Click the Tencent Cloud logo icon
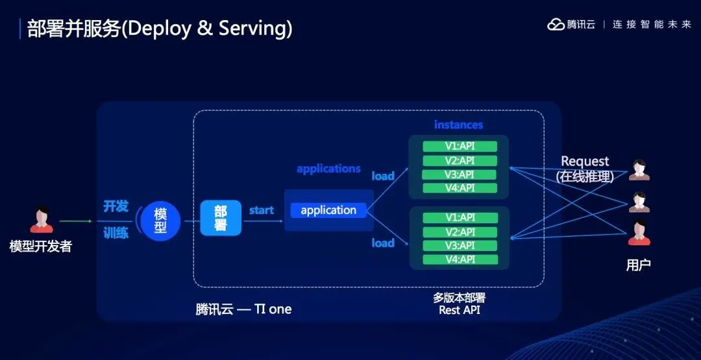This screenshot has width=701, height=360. click(556, 25)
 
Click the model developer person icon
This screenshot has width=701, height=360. click(42, 221)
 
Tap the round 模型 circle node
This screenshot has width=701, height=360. click(160, 221)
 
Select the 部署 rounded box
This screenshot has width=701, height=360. click(221, 219)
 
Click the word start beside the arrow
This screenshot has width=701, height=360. click(261, 210)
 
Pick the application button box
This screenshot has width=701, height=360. click(328, 210)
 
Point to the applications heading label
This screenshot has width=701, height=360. click(328, 169)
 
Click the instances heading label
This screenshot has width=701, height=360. click(458, 125)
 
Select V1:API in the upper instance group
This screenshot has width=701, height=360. click(460, 147)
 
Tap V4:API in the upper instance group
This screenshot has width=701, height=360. click(460, 188)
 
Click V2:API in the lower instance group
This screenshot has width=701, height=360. click(460, 232)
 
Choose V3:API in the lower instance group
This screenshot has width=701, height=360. click(460, 246)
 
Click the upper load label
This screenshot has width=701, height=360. click(383, 176)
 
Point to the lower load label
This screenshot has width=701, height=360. click(383, 243)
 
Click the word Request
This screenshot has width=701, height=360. click(585, 161)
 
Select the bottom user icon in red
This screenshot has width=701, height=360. click(639, 233)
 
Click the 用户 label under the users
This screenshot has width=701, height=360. click(638, 265)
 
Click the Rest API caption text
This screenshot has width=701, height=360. click(459, 310)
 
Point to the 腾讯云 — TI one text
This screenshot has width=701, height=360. click(243, 309)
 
